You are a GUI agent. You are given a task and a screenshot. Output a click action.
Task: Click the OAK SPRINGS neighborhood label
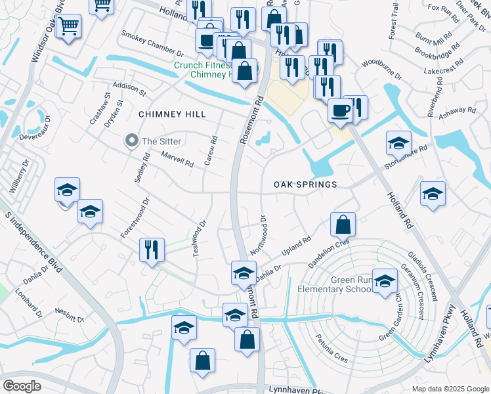305,185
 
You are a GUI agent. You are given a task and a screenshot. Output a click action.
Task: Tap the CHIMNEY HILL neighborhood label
172,114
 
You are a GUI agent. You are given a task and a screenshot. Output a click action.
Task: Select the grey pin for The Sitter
132,141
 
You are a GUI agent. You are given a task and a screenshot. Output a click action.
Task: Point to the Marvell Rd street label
177,158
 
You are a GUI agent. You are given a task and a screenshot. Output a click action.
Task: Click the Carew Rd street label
211,151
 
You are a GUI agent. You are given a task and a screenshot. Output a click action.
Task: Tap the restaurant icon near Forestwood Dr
151,250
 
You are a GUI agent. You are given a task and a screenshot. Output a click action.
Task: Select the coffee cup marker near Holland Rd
340,110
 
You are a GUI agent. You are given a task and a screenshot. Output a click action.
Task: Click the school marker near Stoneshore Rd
398,142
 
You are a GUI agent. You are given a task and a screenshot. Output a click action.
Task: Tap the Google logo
22,386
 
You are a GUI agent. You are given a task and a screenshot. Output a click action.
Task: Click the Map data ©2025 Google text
450,388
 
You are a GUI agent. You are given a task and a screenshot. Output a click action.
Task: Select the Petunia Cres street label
331,340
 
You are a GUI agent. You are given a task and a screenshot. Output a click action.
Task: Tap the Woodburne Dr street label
378,62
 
